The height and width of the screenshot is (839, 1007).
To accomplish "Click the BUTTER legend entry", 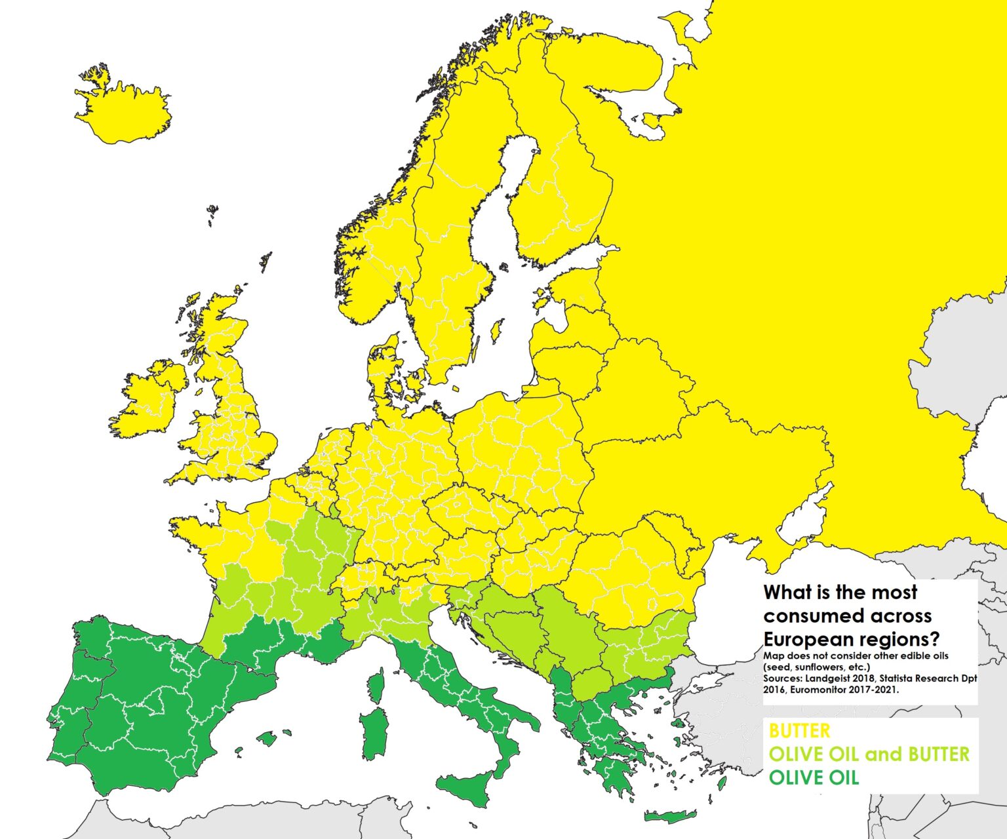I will [x=799, y=731].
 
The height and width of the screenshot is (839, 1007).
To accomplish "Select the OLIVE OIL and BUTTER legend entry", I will [x=869, y=754].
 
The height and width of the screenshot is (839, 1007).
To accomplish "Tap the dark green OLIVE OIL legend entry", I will [x=813, y=777].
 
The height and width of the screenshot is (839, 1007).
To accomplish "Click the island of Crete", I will [x=669, y=817].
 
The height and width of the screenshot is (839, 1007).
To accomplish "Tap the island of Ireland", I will [x=148, y=406].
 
